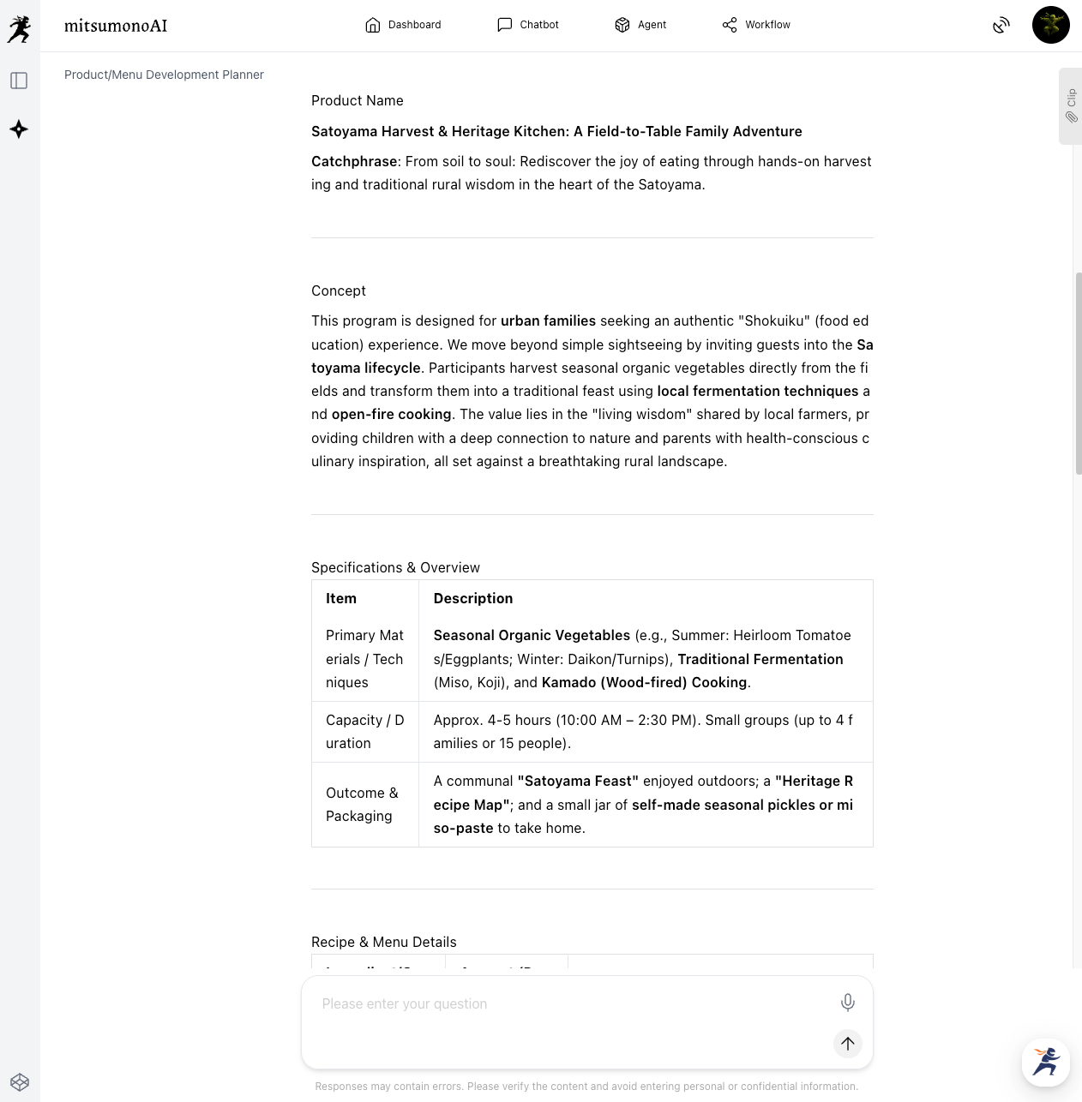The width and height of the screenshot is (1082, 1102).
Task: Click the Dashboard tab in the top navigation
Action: tap(403, 25)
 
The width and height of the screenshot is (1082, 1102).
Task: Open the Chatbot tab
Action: tap(528, 25)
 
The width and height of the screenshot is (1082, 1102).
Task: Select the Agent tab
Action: tap(640, 25)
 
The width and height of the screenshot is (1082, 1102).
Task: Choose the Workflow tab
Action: tap(756, 25)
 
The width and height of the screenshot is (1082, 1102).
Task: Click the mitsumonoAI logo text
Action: tap(116, 26)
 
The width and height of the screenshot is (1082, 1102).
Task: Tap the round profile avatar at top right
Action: tap(1050, 25)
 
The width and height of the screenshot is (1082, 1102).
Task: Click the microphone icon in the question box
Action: tap(847, 1002)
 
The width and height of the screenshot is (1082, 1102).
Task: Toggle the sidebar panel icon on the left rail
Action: tap(19, 81)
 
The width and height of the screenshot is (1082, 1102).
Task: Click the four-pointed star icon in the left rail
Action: tap(19, 129)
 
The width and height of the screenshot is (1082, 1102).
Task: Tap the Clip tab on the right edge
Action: tap(1071, 105)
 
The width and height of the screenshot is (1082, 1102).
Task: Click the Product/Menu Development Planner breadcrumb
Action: tap(164, 75)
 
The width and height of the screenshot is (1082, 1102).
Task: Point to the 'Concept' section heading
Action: tap(339, 290)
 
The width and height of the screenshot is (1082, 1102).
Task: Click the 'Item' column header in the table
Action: tap(341, 598)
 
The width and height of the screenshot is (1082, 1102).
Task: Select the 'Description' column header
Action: tap(473, 598)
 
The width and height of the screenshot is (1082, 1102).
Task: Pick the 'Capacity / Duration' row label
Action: tap(364, 732)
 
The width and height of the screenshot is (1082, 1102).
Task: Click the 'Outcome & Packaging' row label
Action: tap(362, 805)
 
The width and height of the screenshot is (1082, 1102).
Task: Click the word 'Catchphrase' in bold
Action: tap(354, 161)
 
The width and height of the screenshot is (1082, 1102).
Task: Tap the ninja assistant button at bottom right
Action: tap(1045, 1062)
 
